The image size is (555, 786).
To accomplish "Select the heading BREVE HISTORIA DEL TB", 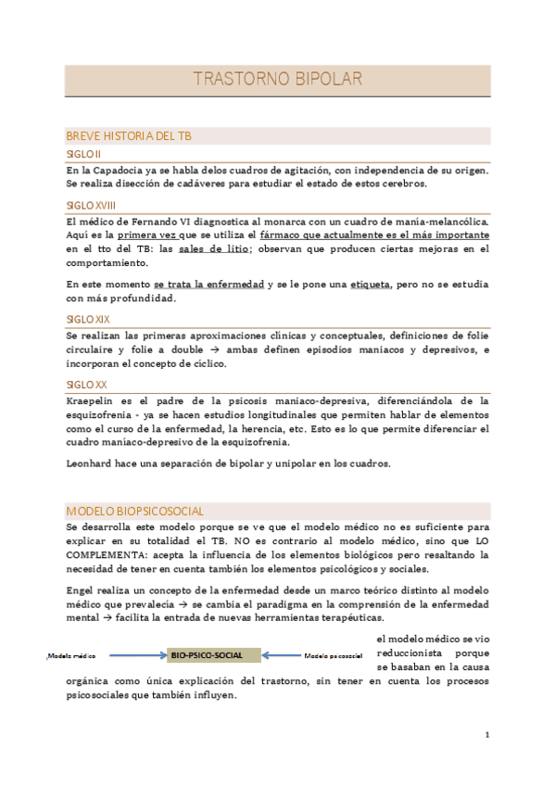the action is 129,136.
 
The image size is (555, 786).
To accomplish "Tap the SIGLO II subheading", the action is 83,153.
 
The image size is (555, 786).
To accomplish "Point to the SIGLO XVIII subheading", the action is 91,204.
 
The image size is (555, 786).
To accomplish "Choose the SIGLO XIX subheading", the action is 86,318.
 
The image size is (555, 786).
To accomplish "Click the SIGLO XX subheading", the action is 85,383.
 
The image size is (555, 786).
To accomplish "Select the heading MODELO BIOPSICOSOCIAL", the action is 135,511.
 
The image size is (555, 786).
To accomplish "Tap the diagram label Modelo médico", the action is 72,656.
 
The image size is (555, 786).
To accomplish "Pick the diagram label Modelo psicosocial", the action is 333,656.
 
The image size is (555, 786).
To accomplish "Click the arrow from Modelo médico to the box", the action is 132,655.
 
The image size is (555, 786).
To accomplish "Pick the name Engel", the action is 82,589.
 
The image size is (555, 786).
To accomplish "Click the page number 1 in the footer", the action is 486,734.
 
